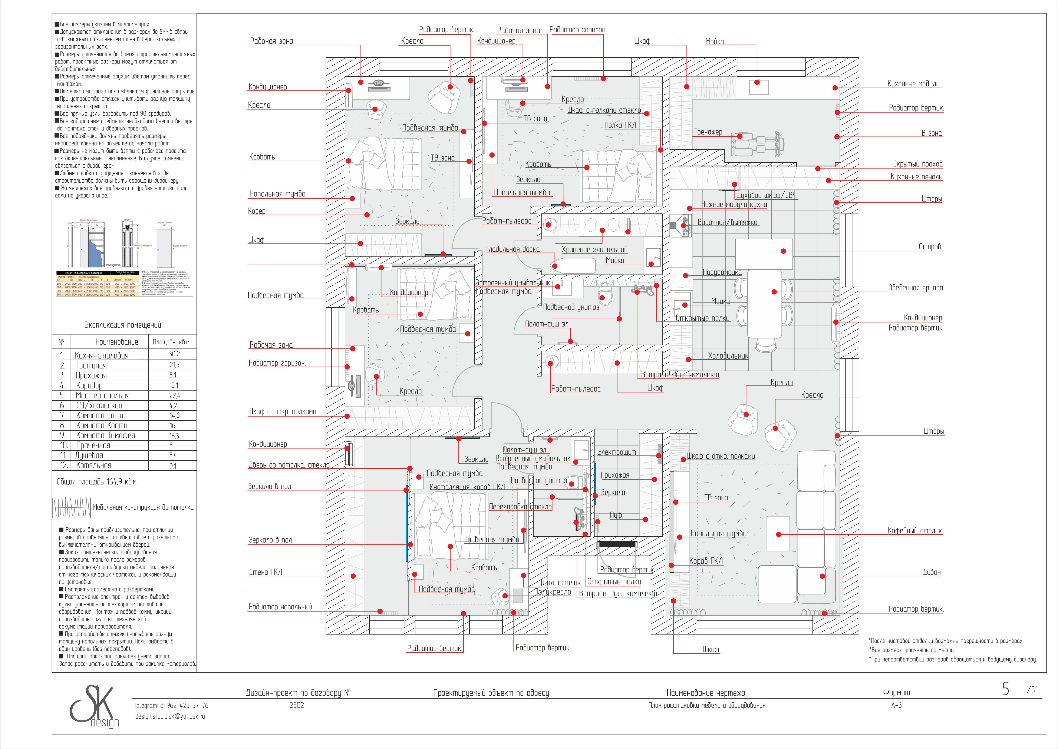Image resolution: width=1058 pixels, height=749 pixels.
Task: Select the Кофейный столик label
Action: [x=914, y=531]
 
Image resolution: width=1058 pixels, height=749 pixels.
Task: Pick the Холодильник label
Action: [x=728, y=356]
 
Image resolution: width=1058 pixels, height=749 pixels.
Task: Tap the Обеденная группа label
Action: [x=915, y=288]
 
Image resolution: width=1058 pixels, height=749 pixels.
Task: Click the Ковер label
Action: [x=257, y=211]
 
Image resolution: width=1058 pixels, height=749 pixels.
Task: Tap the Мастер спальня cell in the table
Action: [x=102, y=395]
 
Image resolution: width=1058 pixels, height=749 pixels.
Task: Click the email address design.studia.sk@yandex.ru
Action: [x=170, y=716]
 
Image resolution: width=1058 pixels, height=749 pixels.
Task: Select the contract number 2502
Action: [x=297, y=705]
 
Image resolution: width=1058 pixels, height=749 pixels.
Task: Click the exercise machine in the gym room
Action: [x=757, y=143]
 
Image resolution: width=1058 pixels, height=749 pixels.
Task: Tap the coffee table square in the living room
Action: [x=778, y=534]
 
